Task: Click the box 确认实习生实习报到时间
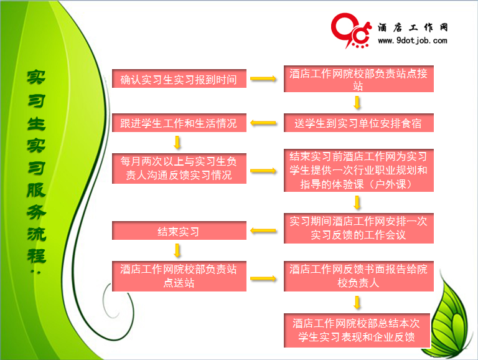(x=179, y=78)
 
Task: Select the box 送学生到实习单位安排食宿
(x=358, y=123)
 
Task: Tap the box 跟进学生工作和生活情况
(x=179, y=123)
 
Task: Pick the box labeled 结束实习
(x=179, y=230)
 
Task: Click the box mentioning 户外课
(x=358, y=170)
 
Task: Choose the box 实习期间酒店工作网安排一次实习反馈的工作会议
(x=358, y=228)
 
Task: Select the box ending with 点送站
(x=179, y=276)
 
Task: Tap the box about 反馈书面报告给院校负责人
(x=358, y=276)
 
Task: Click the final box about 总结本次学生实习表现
(x=357, y=330)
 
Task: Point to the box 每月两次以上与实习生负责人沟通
(x=179, y=168)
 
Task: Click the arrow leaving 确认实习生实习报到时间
(x=263, y=78)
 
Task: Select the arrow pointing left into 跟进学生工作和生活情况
(x=263, y=123)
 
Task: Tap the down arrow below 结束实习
(x=177, y=250)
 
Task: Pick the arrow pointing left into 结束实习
(x=263, y=230)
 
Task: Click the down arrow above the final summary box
(x=357, y=302)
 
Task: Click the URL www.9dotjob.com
(x=413, y=40)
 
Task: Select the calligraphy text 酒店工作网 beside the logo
(x=413, y=27)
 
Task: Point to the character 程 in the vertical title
(x=37, y=256)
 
